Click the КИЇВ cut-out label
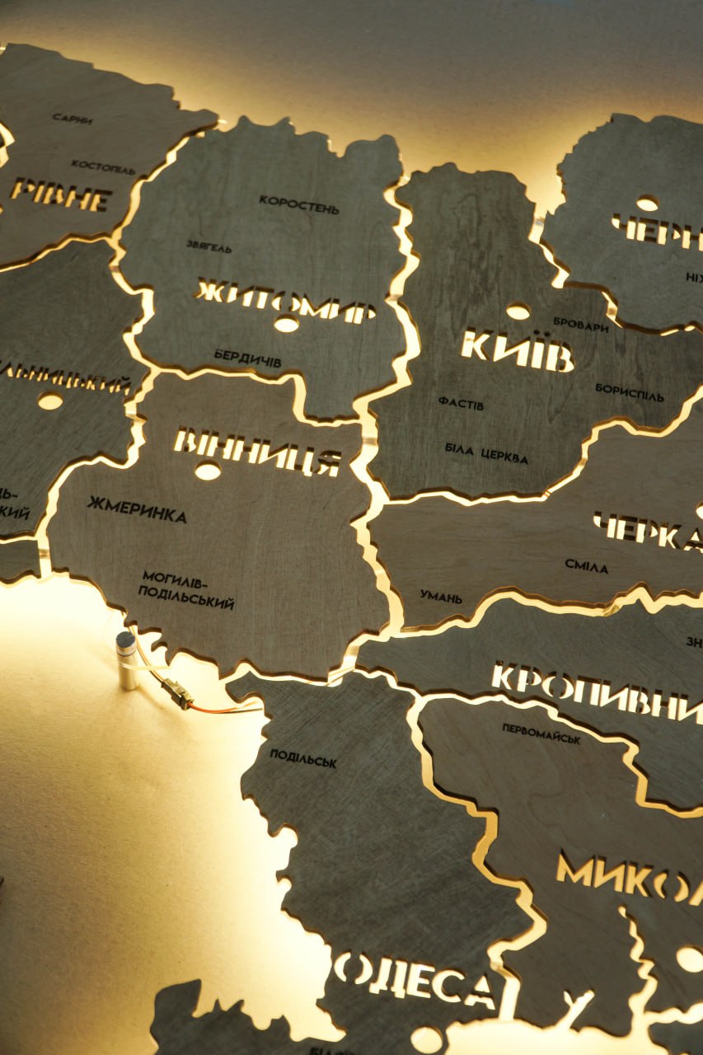[517, 350]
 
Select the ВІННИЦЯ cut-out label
[257, 450]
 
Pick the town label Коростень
[298, 204]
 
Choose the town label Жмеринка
[136, 509]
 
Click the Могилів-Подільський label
[186, 589]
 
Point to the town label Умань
[441, 596]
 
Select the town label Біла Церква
[486, 452]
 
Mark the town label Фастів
[461, 403]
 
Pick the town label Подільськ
[302, 758]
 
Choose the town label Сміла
[586, 566]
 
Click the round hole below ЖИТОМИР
[286, 325]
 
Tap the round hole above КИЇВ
[518, 312]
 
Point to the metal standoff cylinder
[126, 659]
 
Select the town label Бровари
[580, 325]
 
